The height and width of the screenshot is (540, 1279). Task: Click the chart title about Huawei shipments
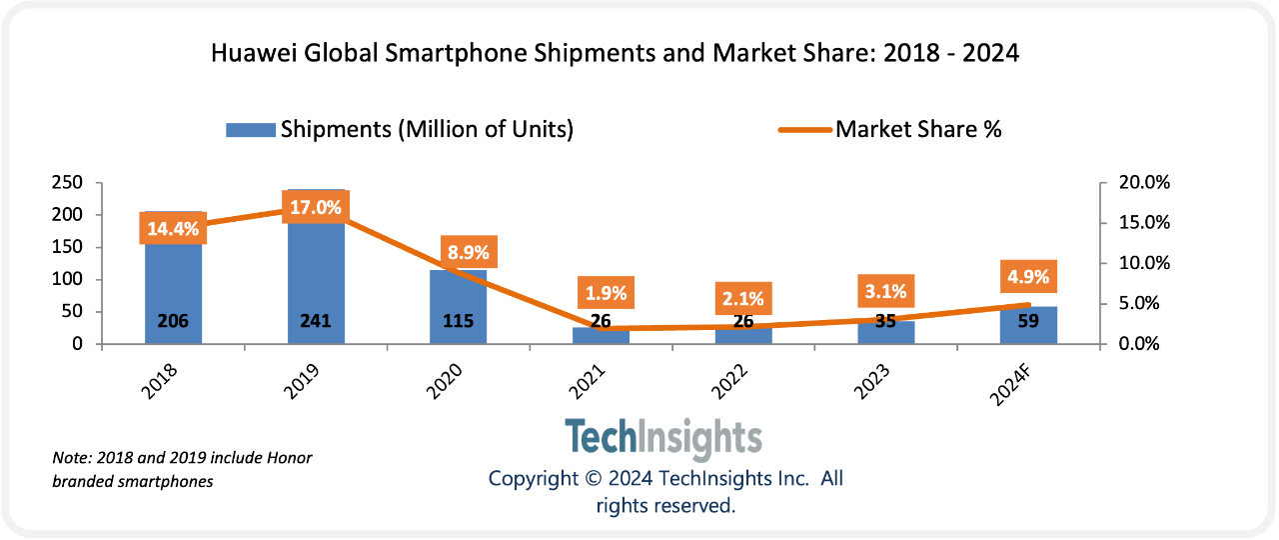coord(615,54)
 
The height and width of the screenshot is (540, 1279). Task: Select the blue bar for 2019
coord(316,280)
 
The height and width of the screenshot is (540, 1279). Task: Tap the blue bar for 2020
coord(459,300)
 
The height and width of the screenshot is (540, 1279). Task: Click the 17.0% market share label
coord(316,208)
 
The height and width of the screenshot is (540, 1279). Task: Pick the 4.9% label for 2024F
coord(1028,277)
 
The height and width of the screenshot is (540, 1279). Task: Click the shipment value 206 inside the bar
coord(173,322)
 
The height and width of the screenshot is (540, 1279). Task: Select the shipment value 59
coord(1028,322)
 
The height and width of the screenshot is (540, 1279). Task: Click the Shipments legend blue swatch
coord(250,130)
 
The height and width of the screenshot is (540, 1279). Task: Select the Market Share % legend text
coord(918,130)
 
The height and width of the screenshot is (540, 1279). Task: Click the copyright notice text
coord(665,492)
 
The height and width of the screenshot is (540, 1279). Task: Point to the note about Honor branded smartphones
coord(182,470)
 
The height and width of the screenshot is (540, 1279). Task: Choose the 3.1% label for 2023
coord(885,292)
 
